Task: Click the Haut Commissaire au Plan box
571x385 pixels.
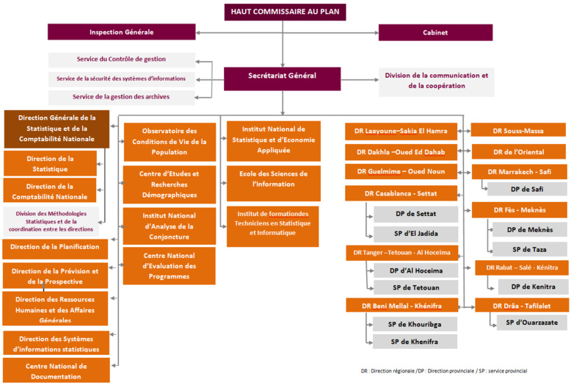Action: tap(285, 11)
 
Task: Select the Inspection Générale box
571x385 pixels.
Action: tap(122, 32)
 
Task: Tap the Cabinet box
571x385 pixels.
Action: tap(434, 32)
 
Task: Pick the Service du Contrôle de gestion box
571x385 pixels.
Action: tap(122, 59)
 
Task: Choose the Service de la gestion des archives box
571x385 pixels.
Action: tap(122, 97)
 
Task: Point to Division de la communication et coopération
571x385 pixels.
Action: tap(437, 81)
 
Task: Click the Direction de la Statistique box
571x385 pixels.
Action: tap(51, 163)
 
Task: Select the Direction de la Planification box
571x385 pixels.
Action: tap(54, 248)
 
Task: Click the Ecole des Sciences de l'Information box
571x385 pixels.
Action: tap(273, 179)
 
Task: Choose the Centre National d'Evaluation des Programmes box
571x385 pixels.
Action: tap(169, 266)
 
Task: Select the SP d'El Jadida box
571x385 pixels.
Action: tap(416, 234)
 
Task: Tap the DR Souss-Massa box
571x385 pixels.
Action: tap(519, 131)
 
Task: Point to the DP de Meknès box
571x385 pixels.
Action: tap(530, 229)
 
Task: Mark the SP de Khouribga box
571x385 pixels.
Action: tap(413, 324)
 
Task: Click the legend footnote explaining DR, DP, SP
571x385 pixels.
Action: tap(445, 371)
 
